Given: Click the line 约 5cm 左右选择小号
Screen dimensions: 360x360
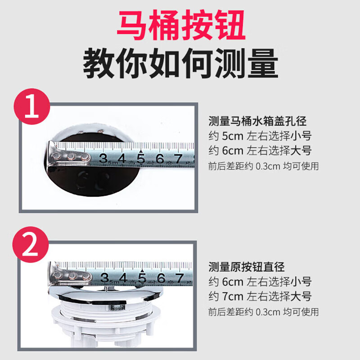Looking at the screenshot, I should tap(260, 136).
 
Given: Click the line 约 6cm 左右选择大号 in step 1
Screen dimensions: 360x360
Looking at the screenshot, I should tap(260, 151).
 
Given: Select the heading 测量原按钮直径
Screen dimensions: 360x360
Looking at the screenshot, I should tap(247, 267).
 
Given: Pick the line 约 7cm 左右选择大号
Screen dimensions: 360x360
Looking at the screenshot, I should tap(260, 296).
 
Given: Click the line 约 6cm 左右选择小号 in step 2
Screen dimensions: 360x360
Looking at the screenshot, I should tap(260, 282).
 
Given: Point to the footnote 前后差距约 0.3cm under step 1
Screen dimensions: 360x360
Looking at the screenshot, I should tap(263, 166).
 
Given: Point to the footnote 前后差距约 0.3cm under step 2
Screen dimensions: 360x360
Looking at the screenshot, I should tap(263, 311).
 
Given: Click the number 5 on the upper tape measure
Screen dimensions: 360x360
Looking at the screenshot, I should tap(141, 159).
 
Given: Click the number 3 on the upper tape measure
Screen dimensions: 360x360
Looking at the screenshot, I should tap(104, 158).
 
